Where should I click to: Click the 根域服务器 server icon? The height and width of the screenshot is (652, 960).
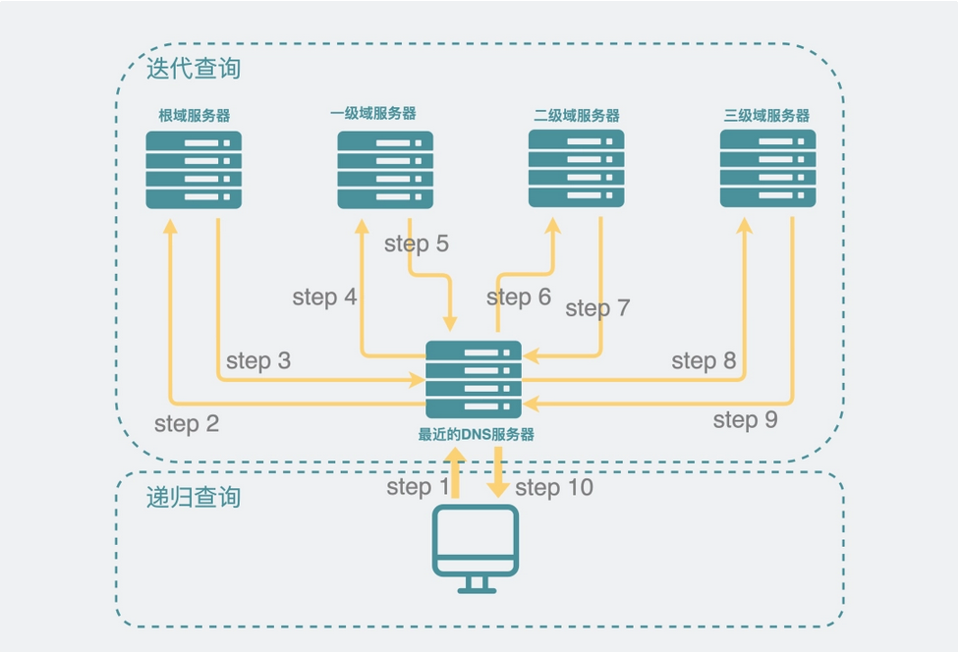click(194, 169)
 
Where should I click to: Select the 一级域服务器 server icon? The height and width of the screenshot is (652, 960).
click(385, 169)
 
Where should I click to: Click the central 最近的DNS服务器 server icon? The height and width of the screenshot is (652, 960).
click(474, 380)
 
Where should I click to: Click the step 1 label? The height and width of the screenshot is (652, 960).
click(418, 487)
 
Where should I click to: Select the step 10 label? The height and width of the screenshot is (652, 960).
click(554, 488)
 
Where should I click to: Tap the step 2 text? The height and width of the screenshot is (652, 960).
click(187, 424)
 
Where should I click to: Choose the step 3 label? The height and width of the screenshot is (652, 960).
click(258, 360)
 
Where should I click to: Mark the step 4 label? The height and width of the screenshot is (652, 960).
click(324, 297)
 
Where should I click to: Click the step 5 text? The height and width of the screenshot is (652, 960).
click(417, 244)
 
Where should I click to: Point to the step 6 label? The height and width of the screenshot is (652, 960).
click(519, 297)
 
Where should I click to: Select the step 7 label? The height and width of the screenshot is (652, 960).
click(597, 308)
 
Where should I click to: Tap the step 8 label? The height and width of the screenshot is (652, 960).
click(704, 360)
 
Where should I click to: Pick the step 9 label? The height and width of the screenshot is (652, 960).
click(745, 420)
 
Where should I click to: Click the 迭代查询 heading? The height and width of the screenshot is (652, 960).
click(194, 69)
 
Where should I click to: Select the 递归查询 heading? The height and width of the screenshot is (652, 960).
click(194, 497)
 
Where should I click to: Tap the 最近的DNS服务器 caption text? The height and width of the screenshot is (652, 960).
click(477, 434)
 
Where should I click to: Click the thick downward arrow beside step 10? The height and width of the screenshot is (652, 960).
click(499, 472)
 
